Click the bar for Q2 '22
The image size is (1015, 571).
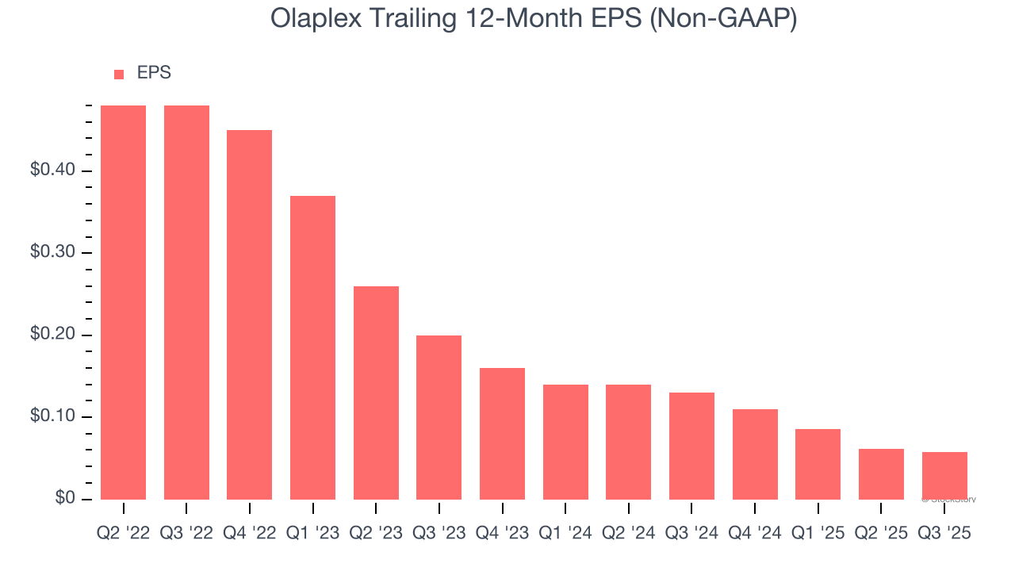pos(123,302)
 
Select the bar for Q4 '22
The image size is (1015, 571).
pos(249,314)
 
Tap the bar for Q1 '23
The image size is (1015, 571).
pos(312,347)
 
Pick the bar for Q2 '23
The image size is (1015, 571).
pos(376,393)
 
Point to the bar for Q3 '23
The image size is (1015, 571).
pos(439,417)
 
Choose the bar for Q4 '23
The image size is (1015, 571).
pos(502,433)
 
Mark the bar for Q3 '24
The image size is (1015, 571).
pos(691,446)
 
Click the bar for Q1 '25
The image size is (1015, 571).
pos(818,464)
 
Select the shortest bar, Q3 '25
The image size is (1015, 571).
pos(944,475)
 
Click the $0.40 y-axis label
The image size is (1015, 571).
pos(53,171)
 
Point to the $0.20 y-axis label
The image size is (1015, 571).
pos(53,335)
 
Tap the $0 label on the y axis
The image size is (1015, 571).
pos(66,499)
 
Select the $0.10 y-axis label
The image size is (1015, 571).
pos(53,417)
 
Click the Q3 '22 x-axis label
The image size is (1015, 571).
pos(186,534)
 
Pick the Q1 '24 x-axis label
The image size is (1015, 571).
pos(565,534)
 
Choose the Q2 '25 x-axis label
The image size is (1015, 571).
pos(881,534)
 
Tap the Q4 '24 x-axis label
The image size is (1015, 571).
pos(755,534)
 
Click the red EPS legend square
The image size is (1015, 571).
pos(119,75)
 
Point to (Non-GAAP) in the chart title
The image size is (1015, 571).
pos(722,19)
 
